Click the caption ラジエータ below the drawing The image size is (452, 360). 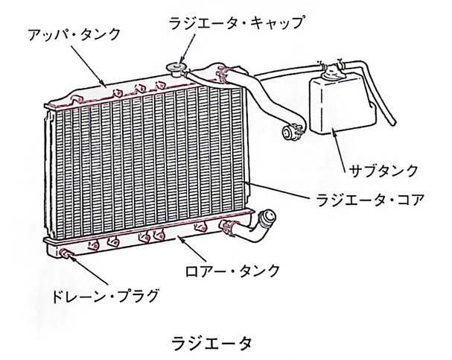(211, 344)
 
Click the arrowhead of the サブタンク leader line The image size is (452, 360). (332, 132)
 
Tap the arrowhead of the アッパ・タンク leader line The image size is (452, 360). (108, 83)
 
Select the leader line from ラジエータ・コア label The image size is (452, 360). (284, 191)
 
